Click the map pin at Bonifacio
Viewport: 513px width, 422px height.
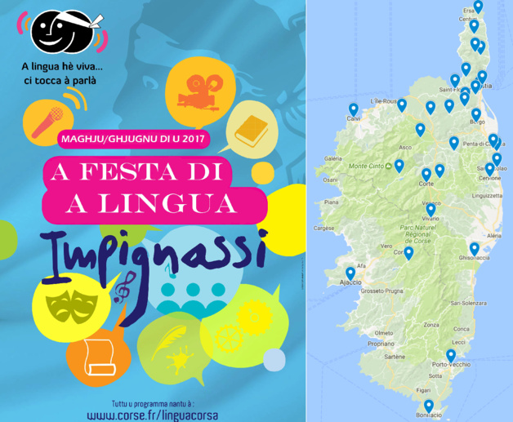coord(428,404)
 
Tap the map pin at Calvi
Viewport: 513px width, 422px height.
coord(354,109)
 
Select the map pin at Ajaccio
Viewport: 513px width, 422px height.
coord(350,273)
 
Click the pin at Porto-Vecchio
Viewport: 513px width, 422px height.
coord(450,355)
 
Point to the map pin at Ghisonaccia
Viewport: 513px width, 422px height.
coord(474,248)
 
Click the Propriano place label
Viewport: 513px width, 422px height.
coord(381,344)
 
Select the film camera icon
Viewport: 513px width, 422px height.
coord(195,87)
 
